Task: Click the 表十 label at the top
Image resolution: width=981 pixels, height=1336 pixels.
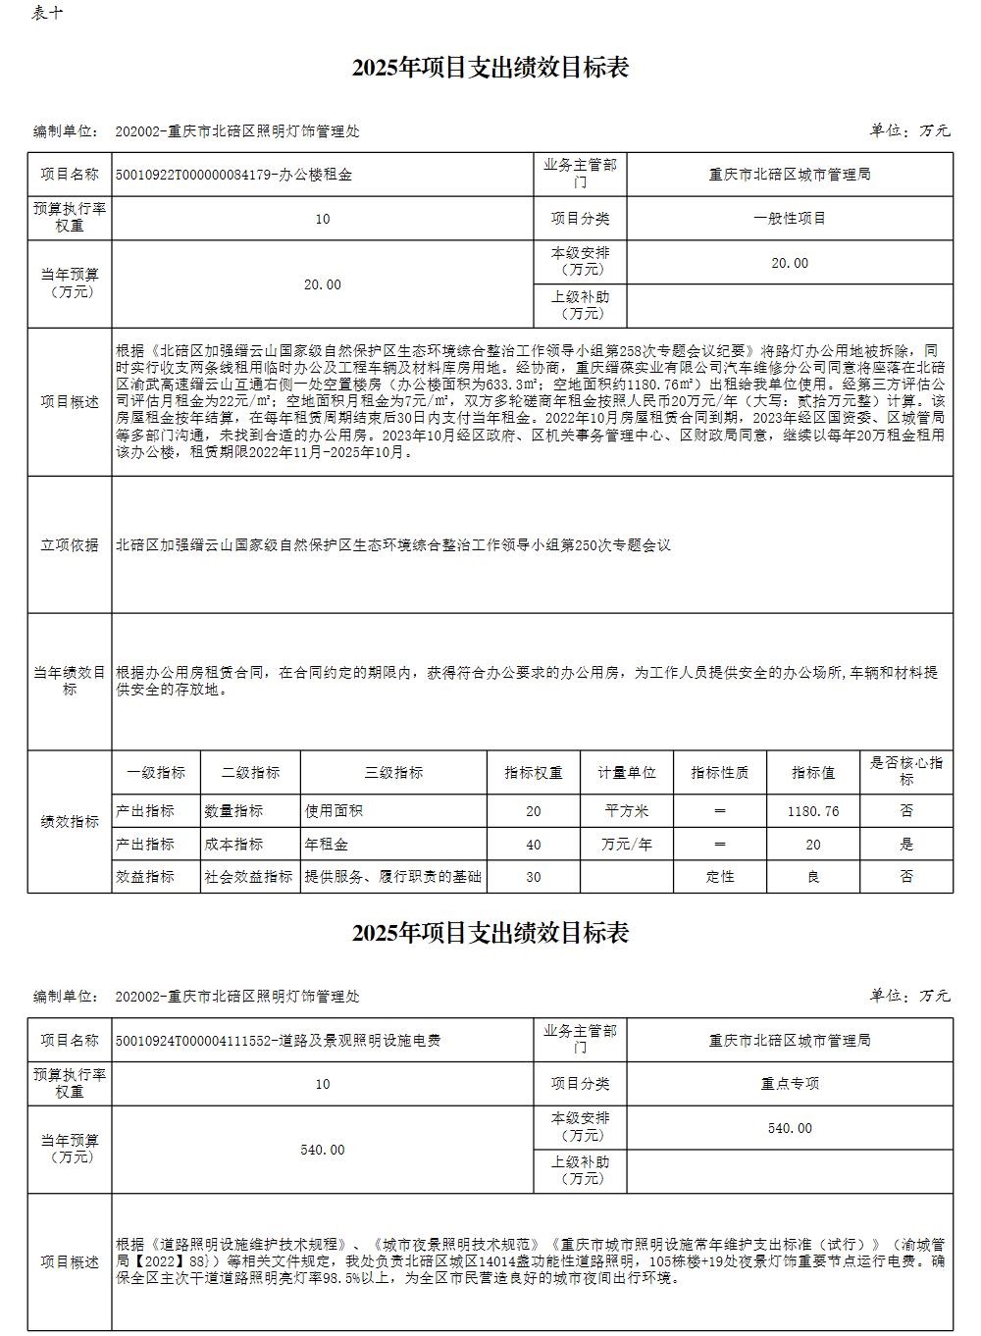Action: [x=48, y=13]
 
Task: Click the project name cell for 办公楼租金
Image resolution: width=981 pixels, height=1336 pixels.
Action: [x=233, y=176]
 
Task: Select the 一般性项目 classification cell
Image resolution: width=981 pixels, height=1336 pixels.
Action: [x=790, y=219]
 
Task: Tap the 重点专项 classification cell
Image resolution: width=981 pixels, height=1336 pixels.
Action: [x=790, y=1084]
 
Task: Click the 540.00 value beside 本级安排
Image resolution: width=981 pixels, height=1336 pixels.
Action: [x=790, y=1128]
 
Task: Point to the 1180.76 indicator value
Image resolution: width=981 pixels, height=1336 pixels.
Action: [x=813, y=811]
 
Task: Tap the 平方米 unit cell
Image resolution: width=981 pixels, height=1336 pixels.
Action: [x=627, y=811]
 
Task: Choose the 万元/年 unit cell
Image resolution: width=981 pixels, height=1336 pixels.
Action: [x=627, y=844]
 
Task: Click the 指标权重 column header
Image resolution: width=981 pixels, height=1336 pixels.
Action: [x=534, y=773]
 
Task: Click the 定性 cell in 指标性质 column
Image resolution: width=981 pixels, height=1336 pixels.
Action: [x=720, y=876]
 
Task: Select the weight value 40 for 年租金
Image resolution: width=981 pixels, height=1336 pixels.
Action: [x=534, y=844]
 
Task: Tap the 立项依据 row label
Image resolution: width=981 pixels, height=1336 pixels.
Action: [x=70, y=544]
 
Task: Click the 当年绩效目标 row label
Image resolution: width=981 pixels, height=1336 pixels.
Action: [x=70, y=681]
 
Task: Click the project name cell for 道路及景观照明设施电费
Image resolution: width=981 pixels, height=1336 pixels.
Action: [x=278, y=1040]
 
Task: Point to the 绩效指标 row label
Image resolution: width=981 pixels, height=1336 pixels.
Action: [x=70, y=822]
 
